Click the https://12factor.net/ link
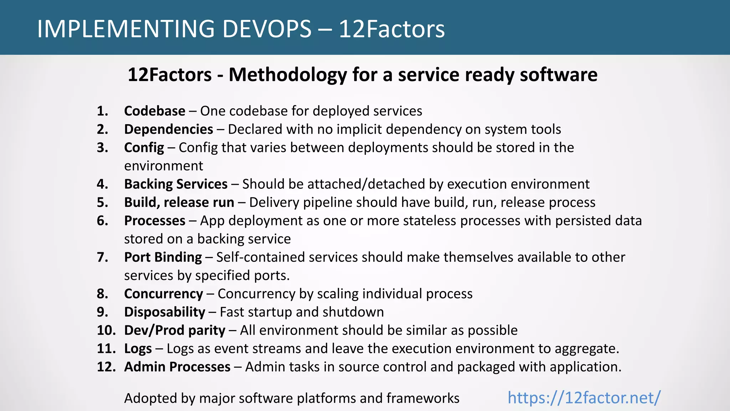(584, 397)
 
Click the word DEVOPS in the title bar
(267, 29)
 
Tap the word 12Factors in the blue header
(391, 29)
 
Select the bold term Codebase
(154, 111)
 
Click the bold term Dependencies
(168, 129)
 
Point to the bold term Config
(144, 148)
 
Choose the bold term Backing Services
(175, 184)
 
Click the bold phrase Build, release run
(179, 202)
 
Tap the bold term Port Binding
(163, 257)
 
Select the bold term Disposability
(164, 312)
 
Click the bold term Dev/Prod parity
(174, 330)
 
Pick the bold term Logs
(138, 349)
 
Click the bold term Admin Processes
(177, 367)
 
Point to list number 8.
(102, 294)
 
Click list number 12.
(106, 367)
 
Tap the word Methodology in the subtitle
(288, 75)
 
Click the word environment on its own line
(163, 166)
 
